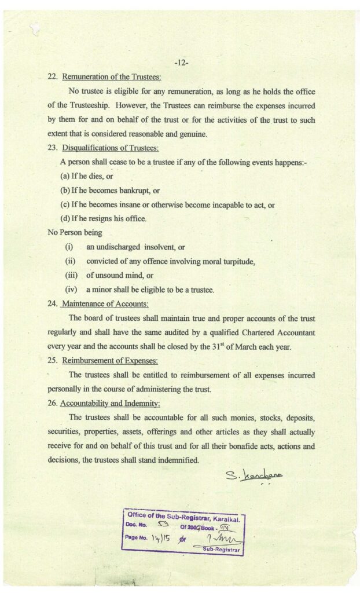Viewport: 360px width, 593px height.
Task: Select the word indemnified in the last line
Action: coord(176,460)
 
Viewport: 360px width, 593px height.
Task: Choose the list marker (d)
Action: coord(65,219)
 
